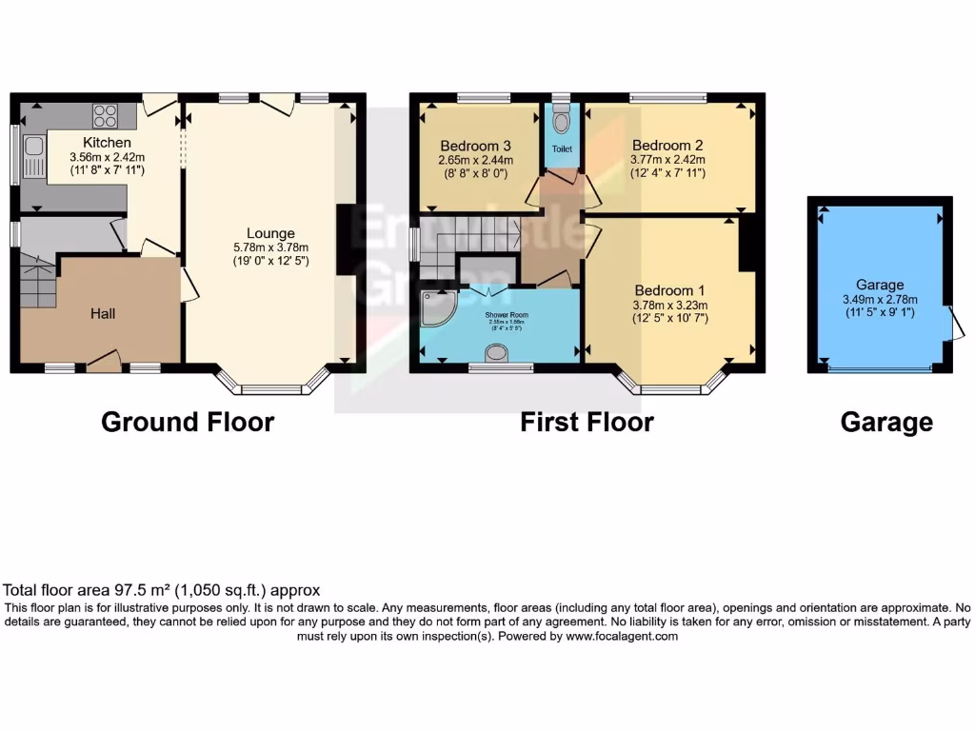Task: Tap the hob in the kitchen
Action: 105,116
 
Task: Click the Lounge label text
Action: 270,233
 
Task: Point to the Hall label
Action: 103,313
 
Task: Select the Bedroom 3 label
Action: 475,146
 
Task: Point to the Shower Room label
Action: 507,315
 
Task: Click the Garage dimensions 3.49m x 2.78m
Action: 879,298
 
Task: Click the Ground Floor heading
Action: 188,422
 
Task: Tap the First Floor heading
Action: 587,422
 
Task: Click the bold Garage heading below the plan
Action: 886,422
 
